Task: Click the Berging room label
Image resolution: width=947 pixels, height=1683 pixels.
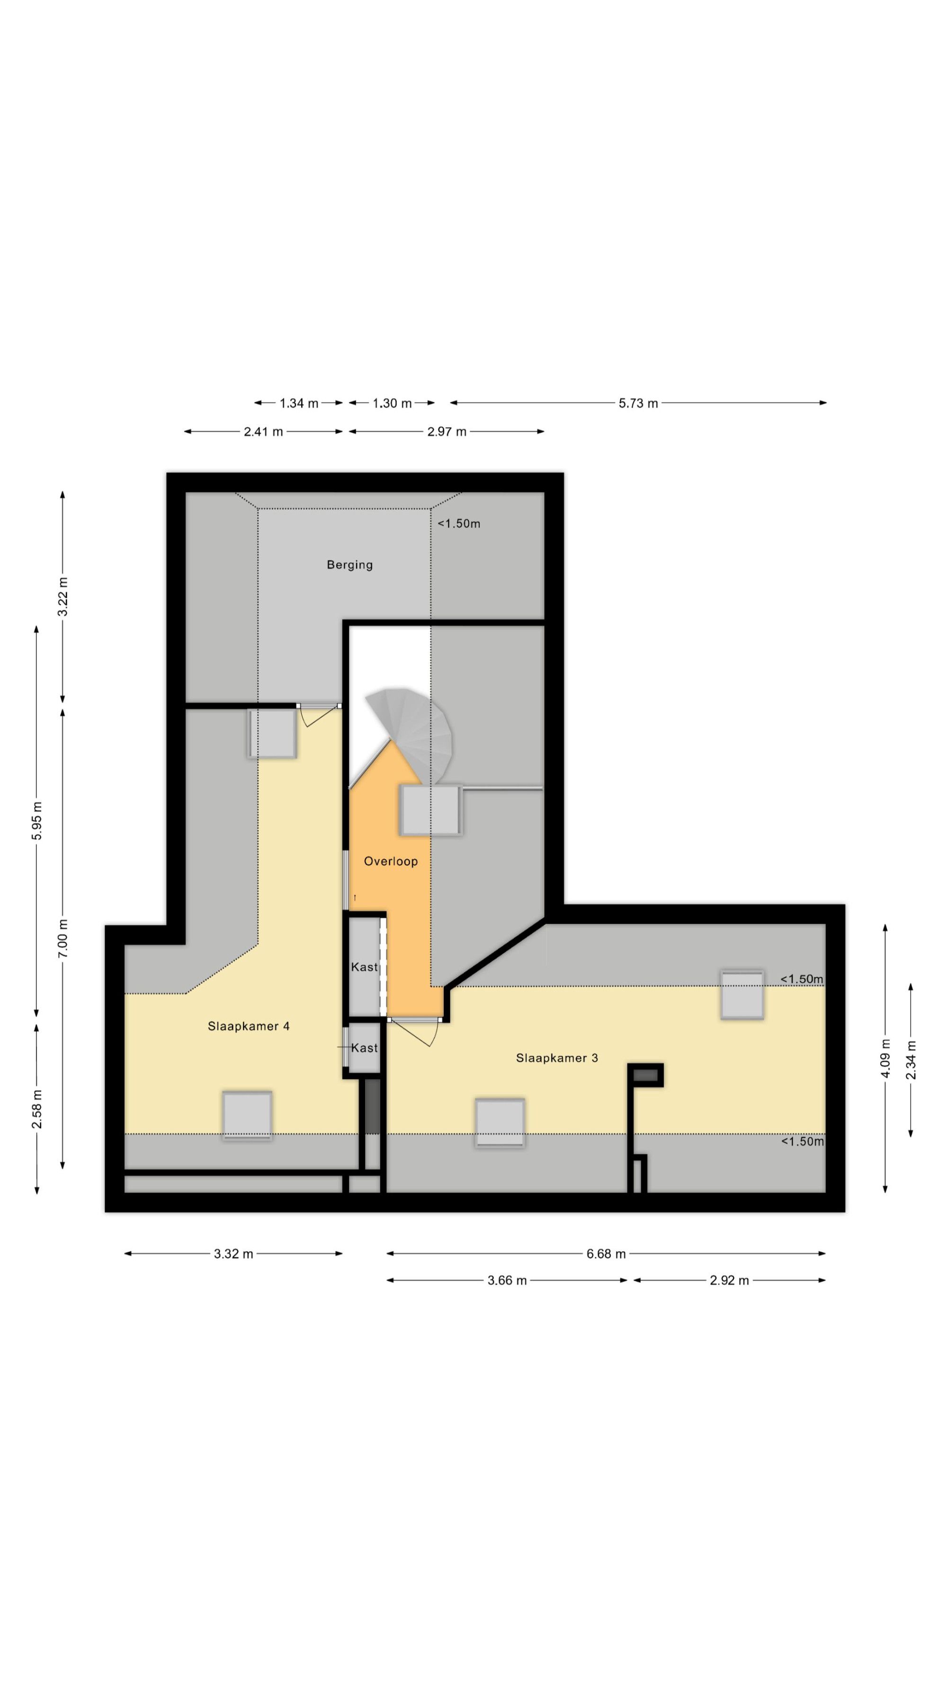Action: tap(349, 565)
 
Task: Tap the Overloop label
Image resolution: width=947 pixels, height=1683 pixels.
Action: tap(391, 861)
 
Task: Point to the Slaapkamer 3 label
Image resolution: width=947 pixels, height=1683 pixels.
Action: tap(557, 1058)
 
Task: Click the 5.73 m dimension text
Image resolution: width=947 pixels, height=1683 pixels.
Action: tap(639, 403)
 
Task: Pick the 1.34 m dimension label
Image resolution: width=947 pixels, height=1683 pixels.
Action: tap(299, 403)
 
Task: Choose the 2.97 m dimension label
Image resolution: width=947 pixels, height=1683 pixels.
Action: tap(447, 432)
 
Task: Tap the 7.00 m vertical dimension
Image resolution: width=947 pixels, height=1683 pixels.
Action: tap(63, 938)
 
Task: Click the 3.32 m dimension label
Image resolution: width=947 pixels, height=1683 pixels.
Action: tap(233, 1254)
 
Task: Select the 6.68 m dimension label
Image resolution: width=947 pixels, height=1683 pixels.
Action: tap(606, 1254)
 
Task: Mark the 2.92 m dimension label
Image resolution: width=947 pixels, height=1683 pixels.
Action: tap(729, 1281)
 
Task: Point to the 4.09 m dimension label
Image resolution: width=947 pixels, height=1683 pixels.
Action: tap(885, 1058)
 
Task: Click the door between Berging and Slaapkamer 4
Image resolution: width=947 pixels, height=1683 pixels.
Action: tap(320, 713)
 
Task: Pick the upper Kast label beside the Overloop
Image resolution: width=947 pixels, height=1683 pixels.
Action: tap(364, 967)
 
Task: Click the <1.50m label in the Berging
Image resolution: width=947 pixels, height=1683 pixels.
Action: tap(459, 523)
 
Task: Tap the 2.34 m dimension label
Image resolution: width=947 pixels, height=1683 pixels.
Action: tap(911, 1060)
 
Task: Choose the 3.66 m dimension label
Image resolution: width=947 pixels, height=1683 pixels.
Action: tap(507, 1281)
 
